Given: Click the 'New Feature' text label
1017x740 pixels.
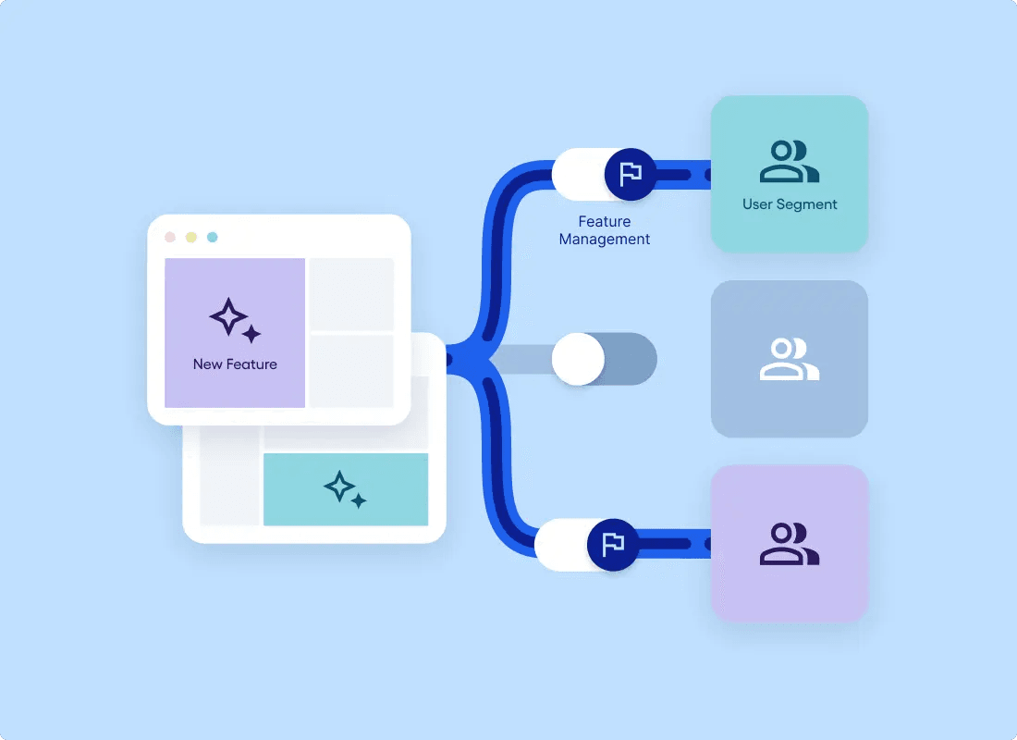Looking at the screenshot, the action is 235,364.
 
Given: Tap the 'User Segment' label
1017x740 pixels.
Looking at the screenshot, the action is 790,204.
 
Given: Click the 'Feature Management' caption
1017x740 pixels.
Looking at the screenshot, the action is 605,230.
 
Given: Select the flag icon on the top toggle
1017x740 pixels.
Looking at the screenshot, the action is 631,174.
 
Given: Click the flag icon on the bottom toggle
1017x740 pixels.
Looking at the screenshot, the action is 613,545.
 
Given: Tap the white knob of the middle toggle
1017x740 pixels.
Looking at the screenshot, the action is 578,359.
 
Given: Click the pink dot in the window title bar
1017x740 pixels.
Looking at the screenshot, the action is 170,237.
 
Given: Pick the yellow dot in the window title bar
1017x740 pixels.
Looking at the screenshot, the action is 191,237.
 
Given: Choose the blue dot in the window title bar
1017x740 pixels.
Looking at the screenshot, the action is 212,237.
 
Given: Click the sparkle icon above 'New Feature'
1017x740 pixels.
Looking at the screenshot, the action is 235,320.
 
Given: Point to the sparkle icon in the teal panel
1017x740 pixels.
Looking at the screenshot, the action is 345,489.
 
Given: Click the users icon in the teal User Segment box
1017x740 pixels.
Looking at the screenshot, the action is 790,161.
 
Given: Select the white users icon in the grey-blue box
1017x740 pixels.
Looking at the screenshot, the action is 790,359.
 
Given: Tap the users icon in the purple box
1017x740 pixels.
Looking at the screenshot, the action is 790,544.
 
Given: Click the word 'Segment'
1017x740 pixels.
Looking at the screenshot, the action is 807,204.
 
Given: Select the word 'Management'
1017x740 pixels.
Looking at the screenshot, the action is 605,240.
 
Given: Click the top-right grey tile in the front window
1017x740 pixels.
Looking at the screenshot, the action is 351,294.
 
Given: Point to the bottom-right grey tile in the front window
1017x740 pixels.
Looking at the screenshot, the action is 351,371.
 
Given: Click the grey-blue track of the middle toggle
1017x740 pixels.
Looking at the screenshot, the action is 629,359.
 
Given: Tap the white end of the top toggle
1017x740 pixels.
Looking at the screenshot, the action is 577,174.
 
